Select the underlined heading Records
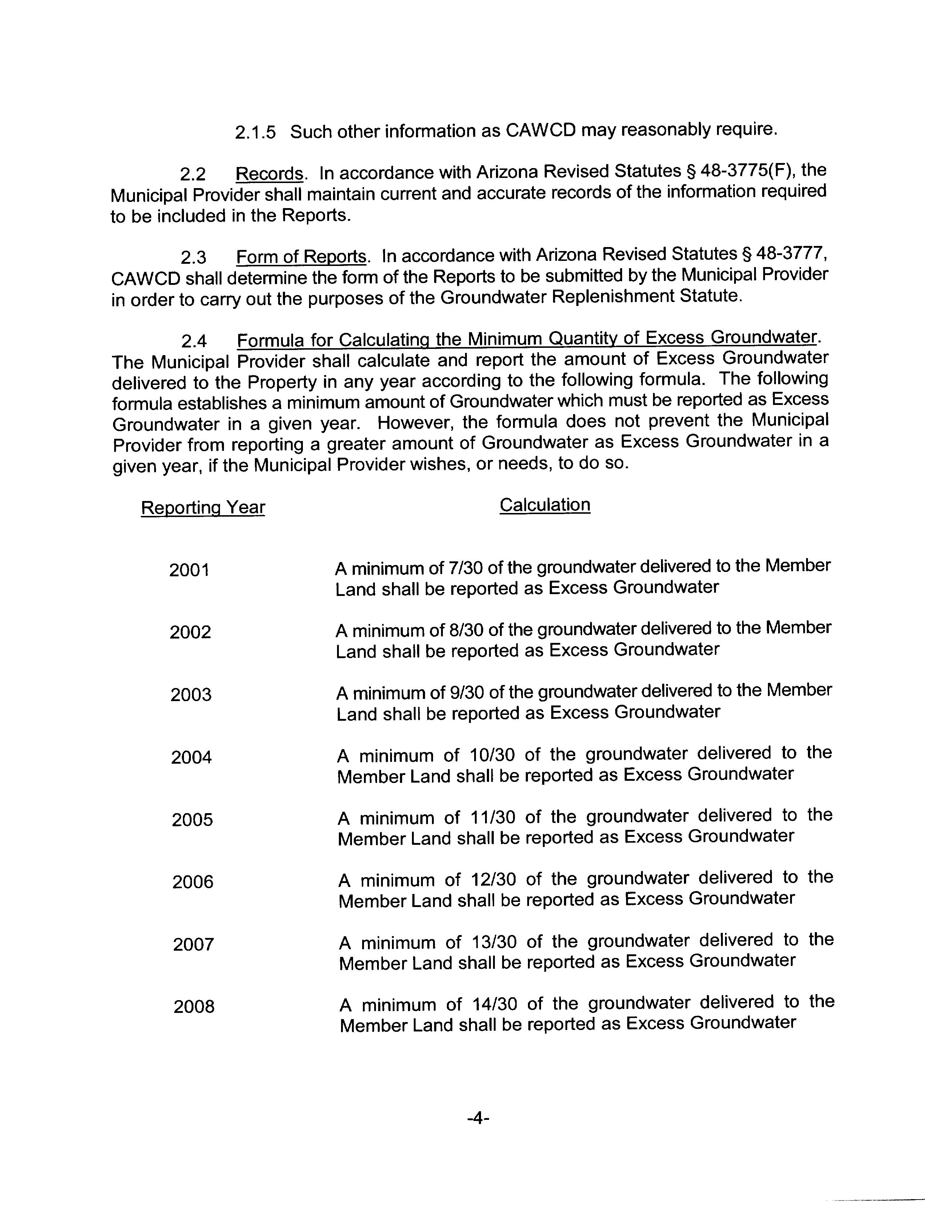(x=269, y=174)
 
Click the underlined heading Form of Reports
(x=301, y=257)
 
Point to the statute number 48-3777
(x=791, y=254)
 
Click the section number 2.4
(x=194, y=342)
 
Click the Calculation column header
(x=545, y=505)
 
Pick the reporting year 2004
(x=191, y=757)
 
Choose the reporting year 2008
(x=193, y=1007)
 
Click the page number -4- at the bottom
(x=478, y=1118)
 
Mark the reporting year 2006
(x=192, y=882)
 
